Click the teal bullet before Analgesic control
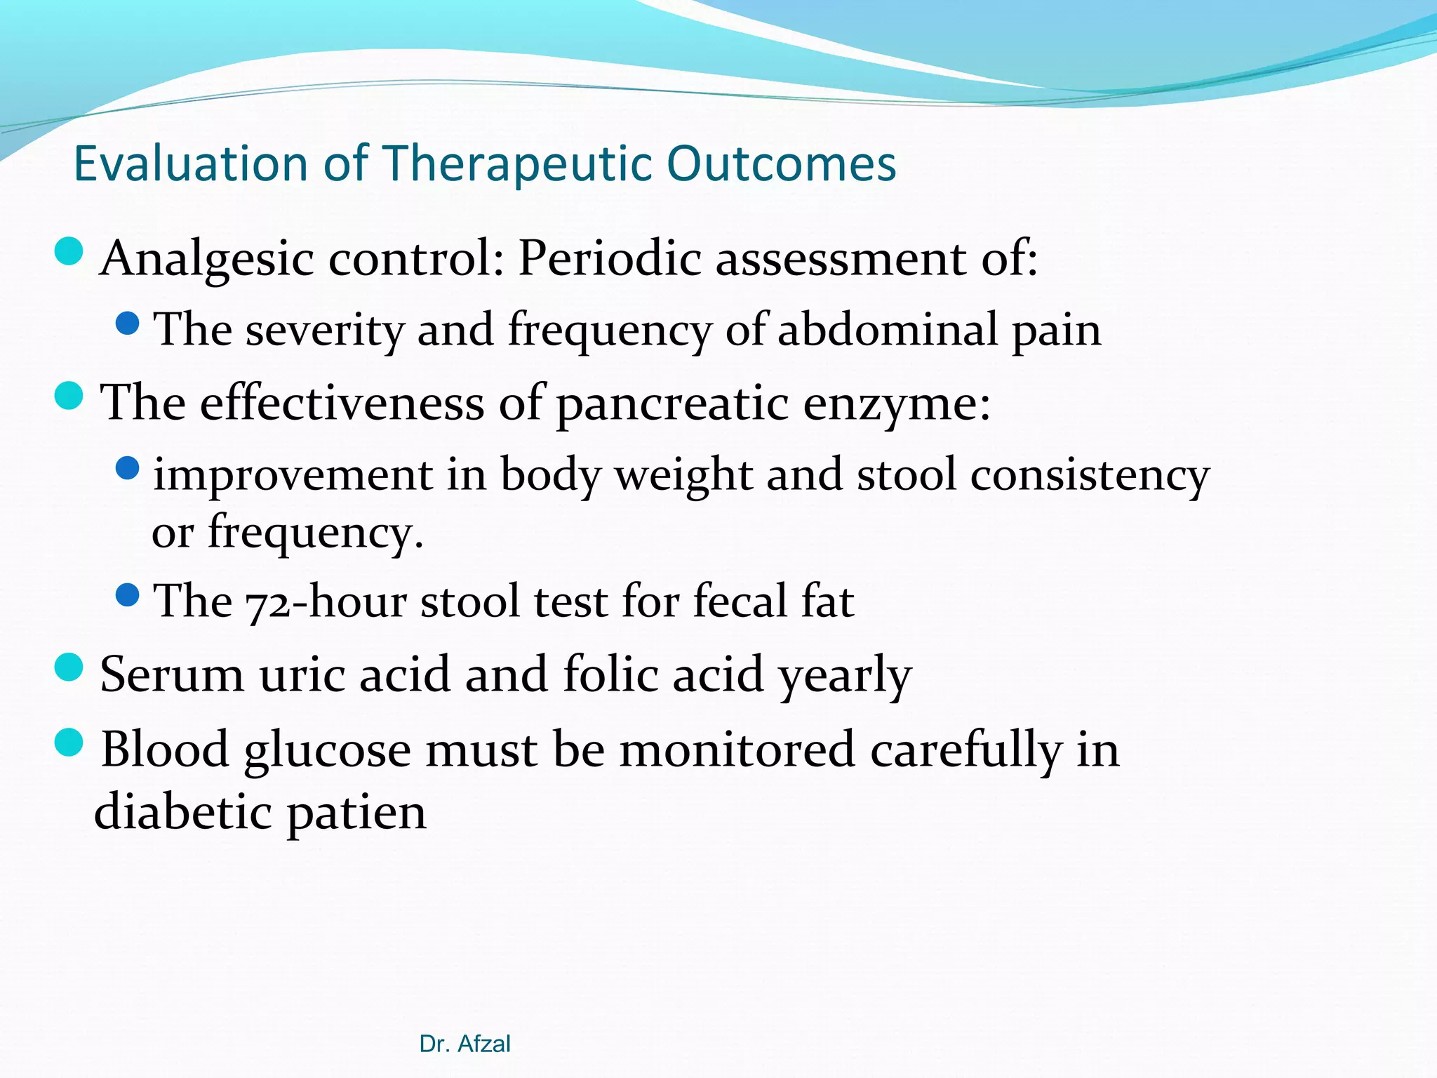click(69, 251)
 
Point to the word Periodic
click(610, 258)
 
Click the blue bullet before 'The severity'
click(128, 324)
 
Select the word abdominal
click(888, 330)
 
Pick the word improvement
click(293, 475)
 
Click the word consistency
click(1090, 475)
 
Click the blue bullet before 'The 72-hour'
click(128, 596)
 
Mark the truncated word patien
click(356, 813)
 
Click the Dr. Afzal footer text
click(464, 1044)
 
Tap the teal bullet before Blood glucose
click(69, 742)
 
